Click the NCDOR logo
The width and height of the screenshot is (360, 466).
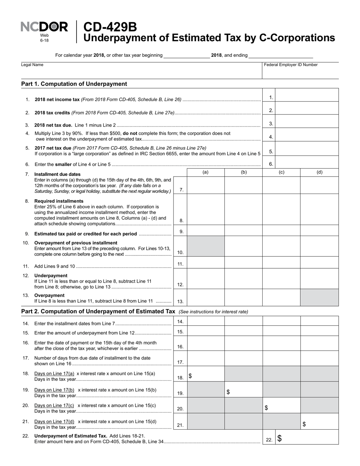point(44,27)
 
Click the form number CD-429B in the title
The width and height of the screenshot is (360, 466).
point(110,27)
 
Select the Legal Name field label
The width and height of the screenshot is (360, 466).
point(32,65)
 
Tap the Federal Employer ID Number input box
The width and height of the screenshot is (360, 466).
point(300,73)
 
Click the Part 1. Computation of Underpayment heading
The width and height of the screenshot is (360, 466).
point(74,84)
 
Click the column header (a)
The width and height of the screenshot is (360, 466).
point(205,172)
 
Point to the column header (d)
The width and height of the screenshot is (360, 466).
point(319,172)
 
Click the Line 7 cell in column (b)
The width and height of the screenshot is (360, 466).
point(243,185)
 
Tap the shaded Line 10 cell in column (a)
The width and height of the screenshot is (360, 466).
point(205,246)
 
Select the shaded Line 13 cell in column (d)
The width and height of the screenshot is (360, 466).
point(319,297)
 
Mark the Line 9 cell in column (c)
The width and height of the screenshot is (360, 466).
point(281,231)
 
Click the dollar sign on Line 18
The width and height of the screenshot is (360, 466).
point(190,376)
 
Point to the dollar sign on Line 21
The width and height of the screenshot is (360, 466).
point(304,424)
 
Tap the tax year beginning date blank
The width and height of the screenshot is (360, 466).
point(186,55)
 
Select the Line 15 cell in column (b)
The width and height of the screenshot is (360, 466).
point(243,331)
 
